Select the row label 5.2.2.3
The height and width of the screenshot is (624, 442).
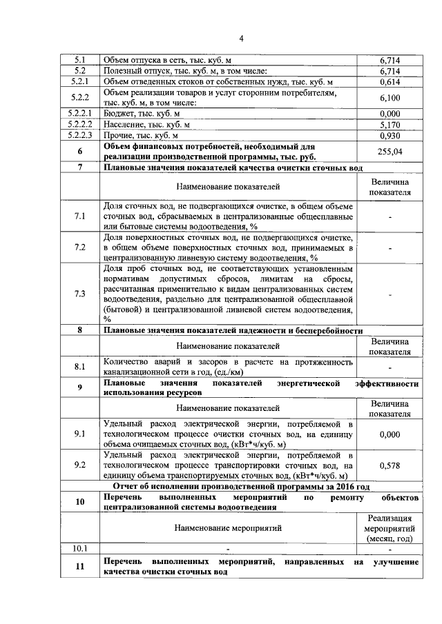[79, 136]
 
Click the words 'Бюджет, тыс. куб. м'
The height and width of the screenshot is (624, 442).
[142, 114]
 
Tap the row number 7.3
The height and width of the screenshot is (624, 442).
[79, 294]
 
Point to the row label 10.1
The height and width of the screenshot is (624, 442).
[79, 548]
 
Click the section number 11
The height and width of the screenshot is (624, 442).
[79, 567]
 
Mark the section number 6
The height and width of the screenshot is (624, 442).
[79, 152]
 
